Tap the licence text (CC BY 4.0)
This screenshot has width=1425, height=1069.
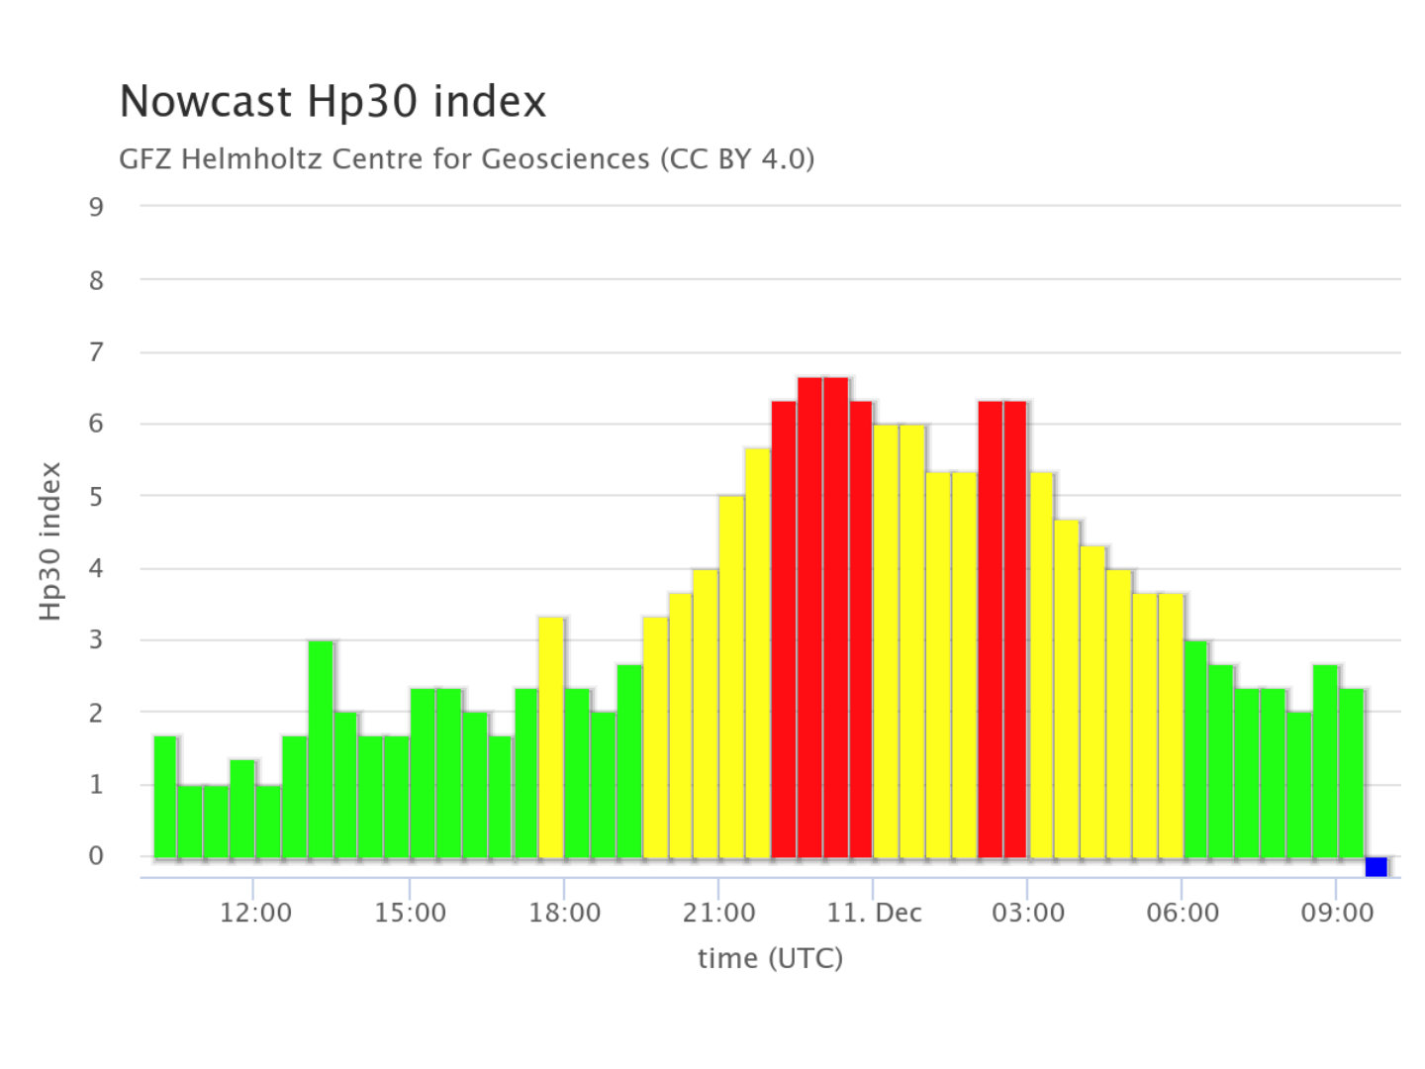737,159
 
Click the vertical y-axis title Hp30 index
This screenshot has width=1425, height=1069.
50,541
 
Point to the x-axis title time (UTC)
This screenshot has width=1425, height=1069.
770,958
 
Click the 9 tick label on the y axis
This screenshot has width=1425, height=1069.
96,207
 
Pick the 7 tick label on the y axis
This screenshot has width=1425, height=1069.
96,352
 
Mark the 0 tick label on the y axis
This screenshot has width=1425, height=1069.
96,856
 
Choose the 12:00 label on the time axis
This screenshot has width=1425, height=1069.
255,913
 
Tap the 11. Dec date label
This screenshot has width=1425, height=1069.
874,913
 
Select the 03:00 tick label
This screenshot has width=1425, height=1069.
1028,913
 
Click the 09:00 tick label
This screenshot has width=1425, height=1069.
1337,913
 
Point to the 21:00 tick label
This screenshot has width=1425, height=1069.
718,913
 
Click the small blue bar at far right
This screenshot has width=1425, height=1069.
1376,867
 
